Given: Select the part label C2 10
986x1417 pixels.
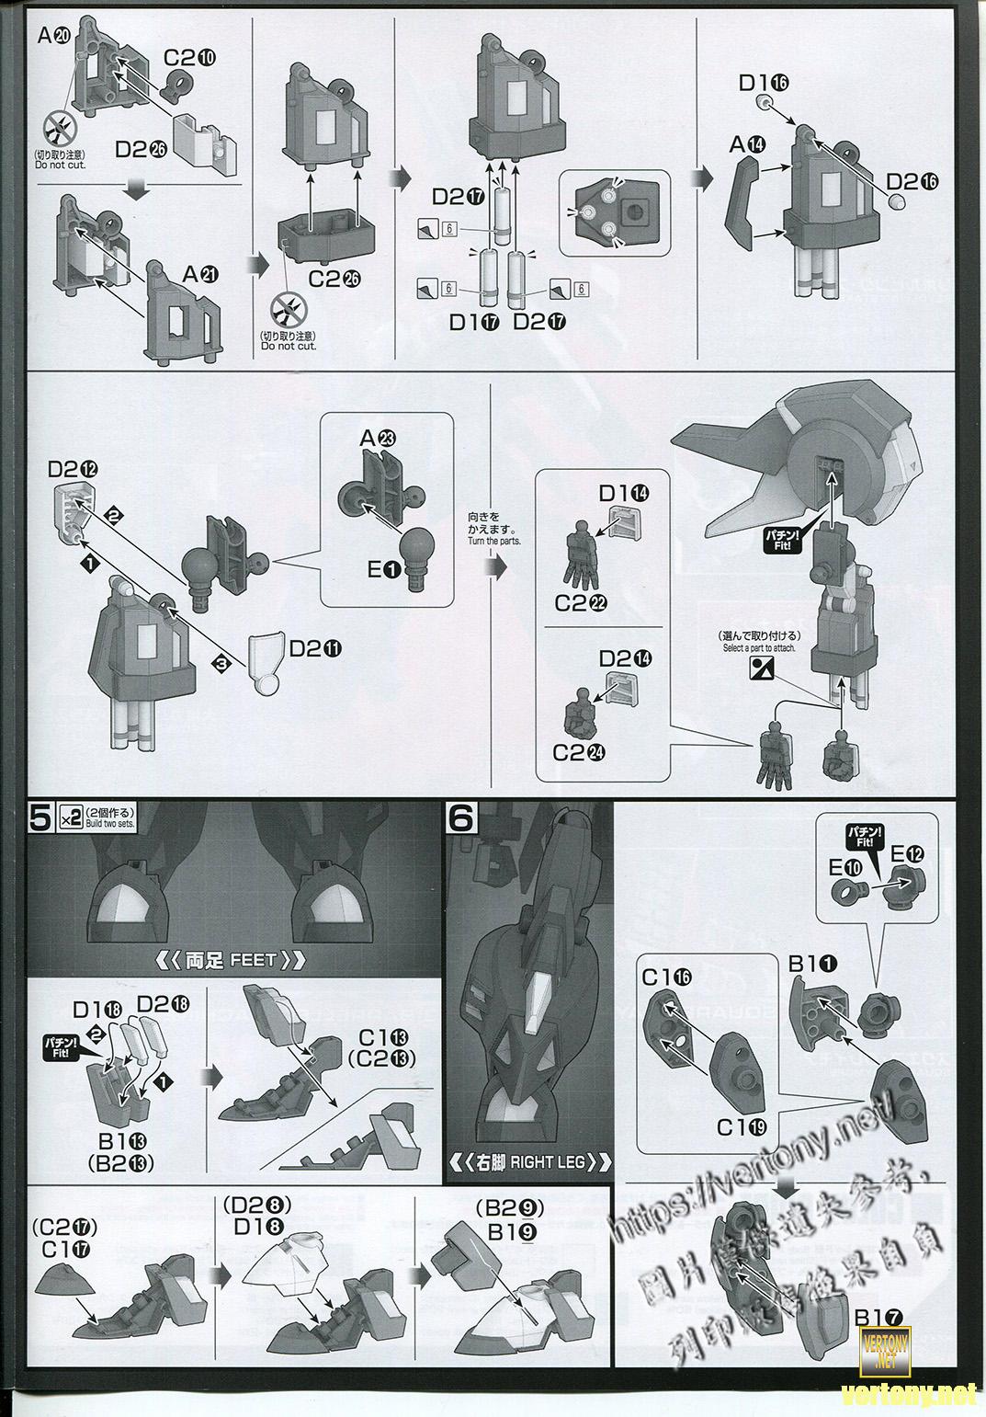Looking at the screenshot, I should tap(190, 57).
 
